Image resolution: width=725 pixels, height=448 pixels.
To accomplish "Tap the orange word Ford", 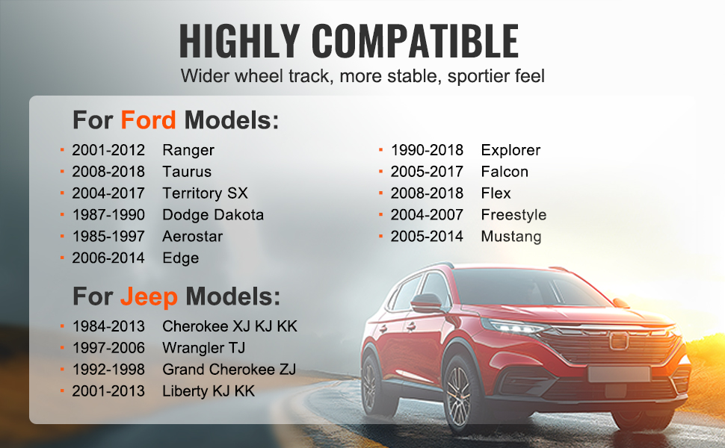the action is tap(148, 120).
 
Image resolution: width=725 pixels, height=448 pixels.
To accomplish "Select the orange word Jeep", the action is tap(149, 297).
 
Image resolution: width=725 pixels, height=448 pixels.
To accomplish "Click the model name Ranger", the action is tap(188, 151).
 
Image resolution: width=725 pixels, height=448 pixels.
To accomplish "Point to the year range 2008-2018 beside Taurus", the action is tap(108, 172).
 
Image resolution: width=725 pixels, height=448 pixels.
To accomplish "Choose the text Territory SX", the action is tap(205, 193).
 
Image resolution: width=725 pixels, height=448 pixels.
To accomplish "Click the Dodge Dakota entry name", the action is tap(213, 215).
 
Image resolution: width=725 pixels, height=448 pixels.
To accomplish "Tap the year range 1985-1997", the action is tap(108, 237).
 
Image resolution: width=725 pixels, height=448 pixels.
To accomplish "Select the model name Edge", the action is tap(180, 258).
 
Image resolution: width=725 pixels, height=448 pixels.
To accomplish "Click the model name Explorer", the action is tap(510, 151).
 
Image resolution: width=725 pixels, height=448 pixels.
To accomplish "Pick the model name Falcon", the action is tap(505, 172).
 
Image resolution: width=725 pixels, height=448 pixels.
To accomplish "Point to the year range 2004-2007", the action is tap(427, 215).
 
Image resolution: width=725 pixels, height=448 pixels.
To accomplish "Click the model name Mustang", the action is tap(511, 237).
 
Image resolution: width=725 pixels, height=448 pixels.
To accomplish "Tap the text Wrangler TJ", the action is tap(203, 348).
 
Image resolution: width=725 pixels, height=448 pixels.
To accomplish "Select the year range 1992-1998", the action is tap(108, 370).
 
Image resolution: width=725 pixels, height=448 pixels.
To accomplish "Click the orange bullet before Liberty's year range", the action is tap(62, 391).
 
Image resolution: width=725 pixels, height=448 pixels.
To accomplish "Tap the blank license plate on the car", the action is tap(619, 373).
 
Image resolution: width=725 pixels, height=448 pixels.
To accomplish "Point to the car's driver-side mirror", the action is tap(426, 303).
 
